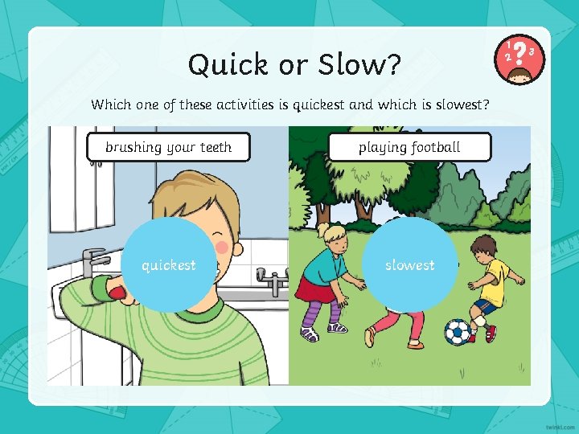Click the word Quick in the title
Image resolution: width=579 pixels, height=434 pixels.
coord(224,65)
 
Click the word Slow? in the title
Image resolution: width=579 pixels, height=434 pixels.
coord(361,65)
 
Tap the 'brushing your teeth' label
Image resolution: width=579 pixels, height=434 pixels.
coord(168,147)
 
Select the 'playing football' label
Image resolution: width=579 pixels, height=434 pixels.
coord(409,147)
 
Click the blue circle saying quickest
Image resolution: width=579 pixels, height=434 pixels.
coord(168,264)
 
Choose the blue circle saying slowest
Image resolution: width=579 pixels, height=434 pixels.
coord(409,264)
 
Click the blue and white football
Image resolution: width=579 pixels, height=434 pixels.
coord(458,331)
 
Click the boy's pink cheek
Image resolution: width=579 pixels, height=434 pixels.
coord(221,247)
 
